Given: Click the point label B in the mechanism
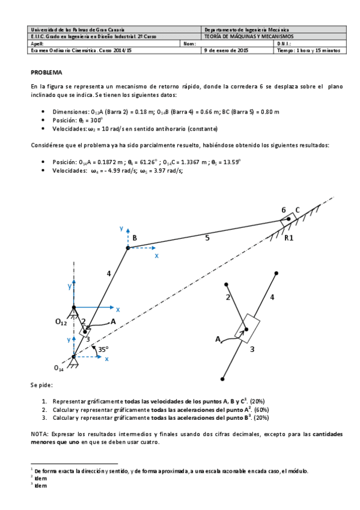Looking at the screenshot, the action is [135, 238].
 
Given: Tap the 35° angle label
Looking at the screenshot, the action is [103, 348].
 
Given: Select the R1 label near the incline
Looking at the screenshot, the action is [289, 238].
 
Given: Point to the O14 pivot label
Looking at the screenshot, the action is [58, 367].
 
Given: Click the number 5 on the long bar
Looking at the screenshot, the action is [207, 238].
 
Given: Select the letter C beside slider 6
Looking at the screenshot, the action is [297, 210].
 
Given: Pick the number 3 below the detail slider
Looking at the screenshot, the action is [252, 348].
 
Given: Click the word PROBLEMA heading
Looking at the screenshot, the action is [46, 72].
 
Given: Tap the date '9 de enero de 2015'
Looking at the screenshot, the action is [226, 51].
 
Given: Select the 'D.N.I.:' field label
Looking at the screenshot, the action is [284, 43].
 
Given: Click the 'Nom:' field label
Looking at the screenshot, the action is [189, 43].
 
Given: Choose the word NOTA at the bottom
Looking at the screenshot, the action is [39, 433].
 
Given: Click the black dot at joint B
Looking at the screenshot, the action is [128, 247].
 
